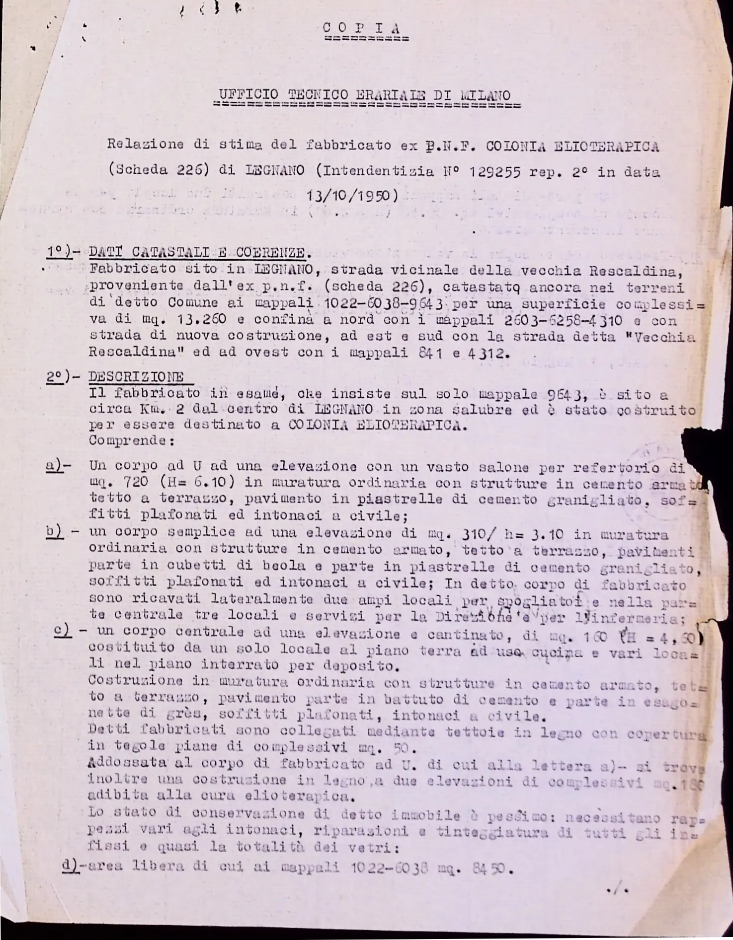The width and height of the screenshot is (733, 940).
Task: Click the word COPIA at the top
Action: coord(365,27)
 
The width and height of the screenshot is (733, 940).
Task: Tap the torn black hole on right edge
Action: coord(701,447)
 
